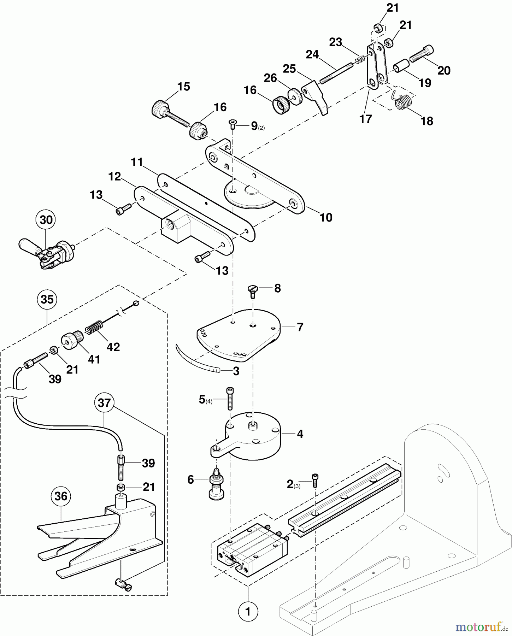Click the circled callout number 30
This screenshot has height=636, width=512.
click(46, 220)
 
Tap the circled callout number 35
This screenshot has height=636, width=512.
click(47, 299)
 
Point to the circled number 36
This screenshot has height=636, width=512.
click(61, 496)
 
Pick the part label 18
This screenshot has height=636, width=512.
click(427, 121)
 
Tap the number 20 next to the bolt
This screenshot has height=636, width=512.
click(444, 70)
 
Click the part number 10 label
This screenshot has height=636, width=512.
click(326, 217)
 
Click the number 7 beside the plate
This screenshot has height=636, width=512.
click(300, 327)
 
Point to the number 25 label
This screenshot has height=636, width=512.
click(289, 69)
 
